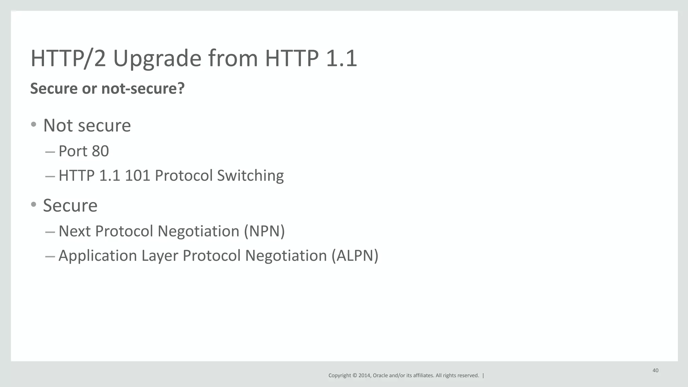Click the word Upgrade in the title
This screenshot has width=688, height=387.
(157, 59)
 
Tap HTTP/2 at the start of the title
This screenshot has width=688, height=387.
(68, 59)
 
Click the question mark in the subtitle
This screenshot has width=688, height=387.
(181, 89)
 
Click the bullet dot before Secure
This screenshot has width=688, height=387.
(33, 204)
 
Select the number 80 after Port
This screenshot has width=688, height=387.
(100, 151)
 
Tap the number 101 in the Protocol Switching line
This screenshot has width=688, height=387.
(137, 176)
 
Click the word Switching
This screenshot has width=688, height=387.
(250, 176)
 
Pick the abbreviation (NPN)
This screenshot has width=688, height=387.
(264, 231)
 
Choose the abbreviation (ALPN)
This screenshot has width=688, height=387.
(355, 256)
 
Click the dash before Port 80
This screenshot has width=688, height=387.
(50, 152)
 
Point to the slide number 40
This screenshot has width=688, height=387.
(655, 371)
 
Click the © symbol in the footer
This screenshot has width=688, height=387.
(354, 376)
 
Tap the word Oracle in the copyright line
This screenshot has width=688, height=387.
(380, 376)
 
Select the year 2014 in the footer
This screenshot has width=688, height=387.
(364, 376)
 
